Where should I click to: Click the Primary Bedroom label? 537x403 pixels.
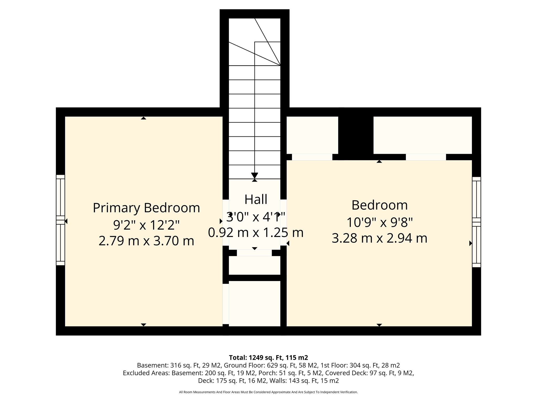pos(146,208)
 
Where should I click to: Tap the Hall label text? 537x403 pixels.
pos(256,199)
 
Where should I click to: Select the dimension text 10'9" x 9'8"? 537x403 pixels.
pos(379,222)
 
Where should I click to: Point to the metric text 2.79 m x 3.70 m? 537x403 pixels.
pos(146,241)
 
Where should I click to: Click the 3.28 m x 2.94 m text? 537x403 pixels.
pos(379,238)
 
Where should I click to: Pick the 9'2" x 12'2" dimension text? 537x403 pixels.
pos(146,225)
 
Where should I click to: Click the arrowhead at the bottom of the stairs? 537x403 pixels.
pos(254,176)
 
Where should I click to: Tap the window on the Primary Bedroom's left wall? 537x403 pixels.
pos(60,220)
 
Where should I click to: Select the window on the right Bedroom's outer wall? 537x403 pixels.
pos(476,222)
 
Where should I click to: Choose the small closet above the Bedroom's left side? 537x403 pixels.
pos(312,135)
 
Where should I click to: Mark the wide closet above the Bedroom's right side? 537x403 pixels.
pos(422,135)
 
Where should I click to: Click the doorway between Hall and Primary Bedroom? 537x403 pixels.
pos(226,222)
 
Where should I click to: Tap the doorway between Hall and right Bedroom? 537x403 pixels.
pos(283,222)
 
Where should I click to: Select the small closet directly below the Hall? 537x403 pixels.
pos(255,265)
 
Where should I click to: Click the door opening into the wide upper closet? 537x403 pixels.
pos(426,157)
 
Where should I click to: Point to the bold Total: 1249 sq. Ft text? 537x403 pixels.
pos(268,357)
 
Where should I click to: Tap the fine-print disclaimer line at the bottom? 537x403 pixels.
pos(268,392)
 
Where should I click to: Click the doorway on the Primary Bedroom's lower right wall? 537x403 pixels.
pos(226,304)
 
